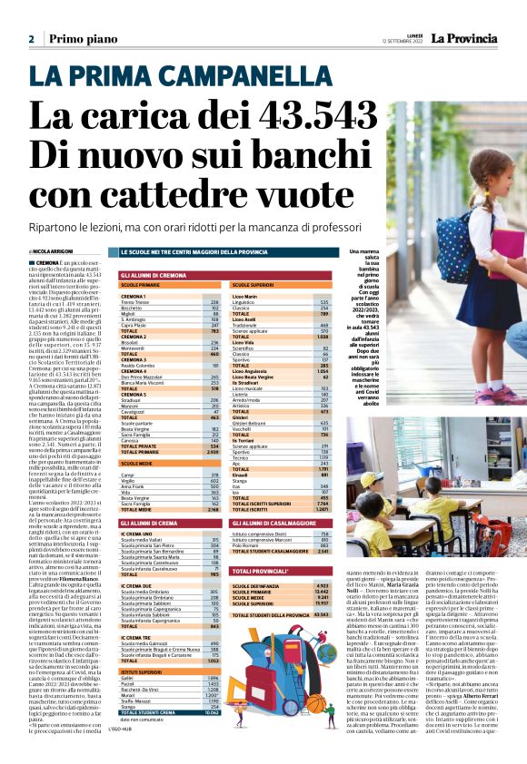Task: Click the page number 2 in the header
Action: [31, 39]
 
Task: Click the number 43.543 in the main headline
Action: [355, 116]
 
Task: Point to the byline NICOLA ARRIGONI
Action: [54, 251]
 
